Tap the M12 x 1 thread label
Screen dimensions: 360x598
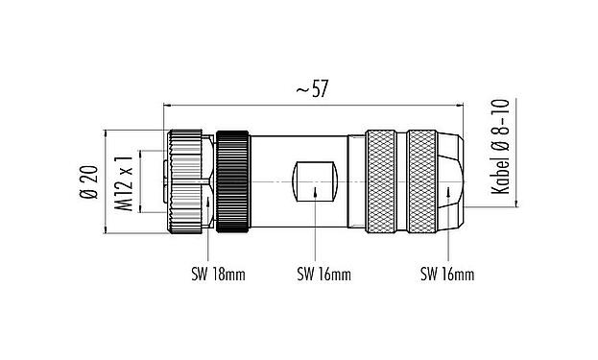(123, 180)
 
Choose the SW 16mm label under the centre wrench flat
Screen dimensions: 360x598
(322, 276)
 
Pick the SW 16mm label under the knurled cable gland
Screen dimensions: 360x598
(447, 276)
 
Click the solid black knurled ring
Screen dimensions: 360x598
(232, 180)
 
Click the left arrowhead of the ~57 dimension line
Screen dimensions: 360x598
(170, 104)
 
